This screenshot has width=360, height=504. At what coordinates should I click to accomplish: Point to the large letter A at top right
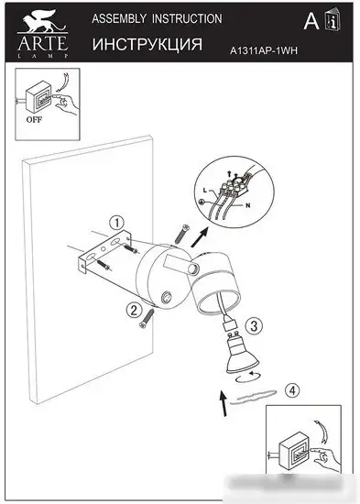311,22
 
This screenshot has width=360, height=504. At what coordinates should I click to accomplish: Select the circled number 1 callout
115,222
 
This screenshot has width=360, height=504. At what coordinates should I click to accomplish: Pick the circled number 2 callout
134,310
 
